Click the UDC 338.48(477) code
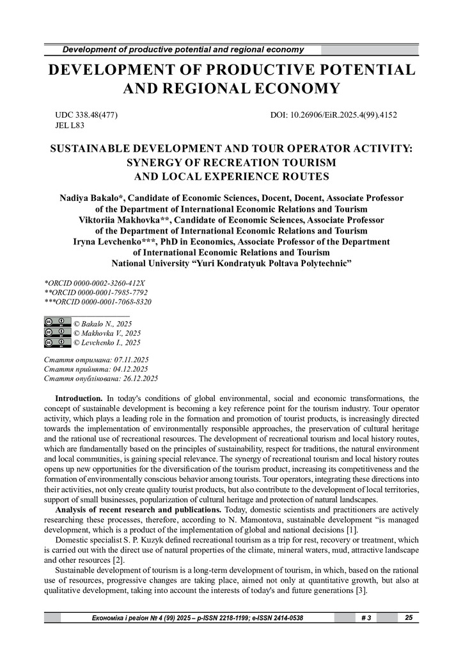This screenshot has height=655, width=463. click(87, 115)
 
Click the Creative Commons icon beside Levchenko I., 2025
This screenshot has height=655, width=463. click(58, 342)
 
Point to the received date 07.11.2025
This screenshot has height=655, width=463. click(136, 359)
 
